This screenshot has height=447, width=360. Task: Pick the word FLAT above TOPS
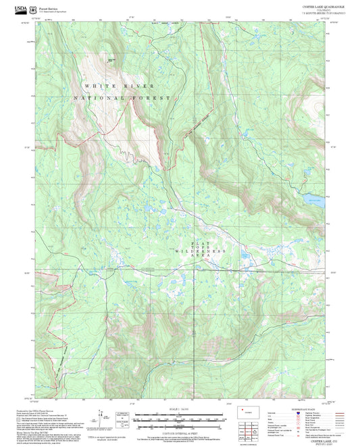pos(197,242)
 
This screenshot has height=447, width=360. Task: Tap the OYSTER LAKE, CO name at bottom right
pos(311,439)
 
